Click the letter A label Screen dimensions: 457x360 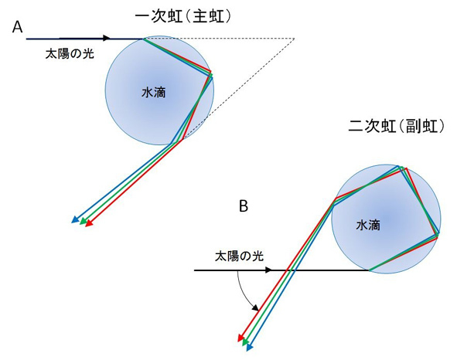coord(18,28)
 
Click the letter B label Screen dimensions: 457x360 coord(244,206)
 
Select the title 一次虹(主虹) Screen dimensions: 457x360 coord(183,17)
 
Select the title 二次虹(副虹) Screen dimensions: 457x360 coord(397,127)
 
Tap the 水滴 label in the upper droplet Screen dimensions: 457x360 coord(154,93)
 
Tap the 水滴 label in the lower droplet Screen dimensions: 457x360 coord(368,225)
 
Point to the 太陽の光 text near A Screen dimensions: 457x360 coord(70,54)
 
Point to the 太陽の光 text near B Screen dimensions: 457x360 coord(239,256)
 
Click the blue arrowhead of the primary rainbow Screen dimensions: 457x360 coord(75,220)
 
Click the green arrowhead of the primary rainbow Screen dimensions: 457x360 coord(83,222)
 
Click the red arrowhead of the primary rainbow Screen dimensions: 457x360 coord(89,223)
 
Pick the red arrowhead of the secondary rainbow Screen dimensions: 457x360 coord(240,338)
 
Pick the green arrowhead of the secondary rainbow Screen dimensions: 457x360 coord(245,342)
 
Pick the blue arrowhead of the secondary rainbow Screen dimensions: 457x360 coord(250,347)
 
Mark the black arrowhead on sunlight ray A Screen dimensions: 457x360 coord(107,38)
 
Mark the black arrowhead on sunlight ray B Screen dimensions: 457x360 coord(268,270)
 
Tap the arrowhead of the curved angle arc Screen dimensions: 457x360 coord(256,308)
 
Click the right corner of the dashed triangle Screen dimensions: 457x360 coord(295,39)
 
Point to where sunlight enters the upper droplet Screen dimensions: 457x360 coord(143,39)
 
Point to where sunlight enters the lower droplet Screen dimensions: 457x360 coord(370,270)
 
